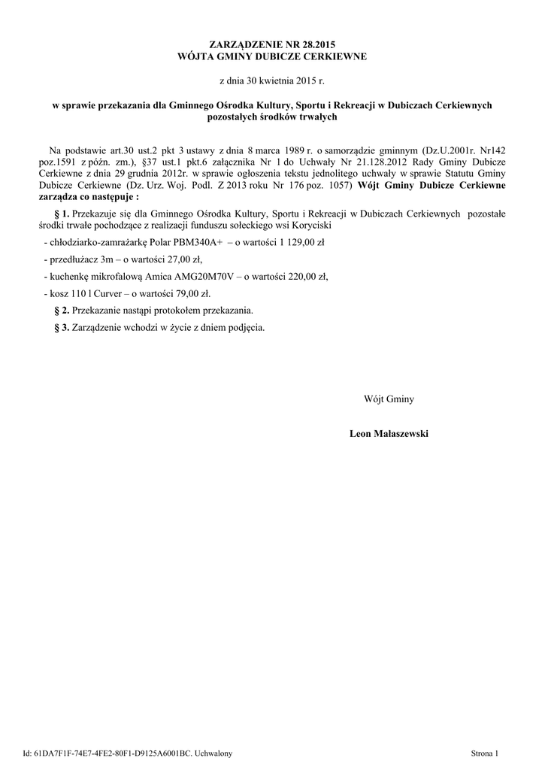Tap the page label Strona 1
pos(484,753)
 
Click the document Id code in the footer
pos(113,753)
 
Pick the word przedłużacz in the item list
pos(73,259)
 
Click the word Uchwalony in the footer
pos(214,753)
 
